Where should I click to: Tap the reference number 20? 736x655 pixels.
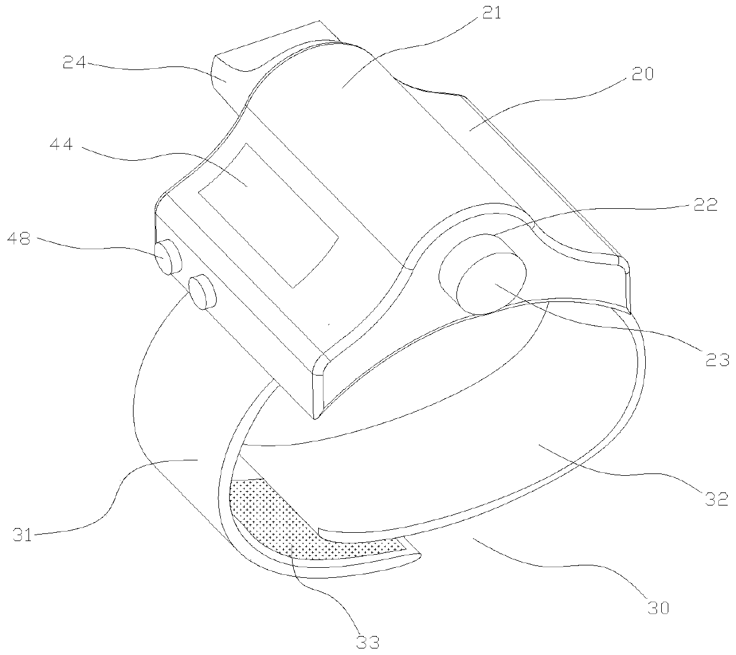pos(642,74)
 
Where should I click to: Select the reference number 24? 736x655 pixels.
pos(74,62)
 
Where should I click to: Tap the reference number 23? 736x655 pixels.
pos(718,358)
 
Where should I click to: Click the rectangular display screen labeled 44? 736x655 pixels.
pos(268,214)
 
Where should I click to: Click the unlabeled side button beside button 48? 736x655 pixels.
pos(201,291)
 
